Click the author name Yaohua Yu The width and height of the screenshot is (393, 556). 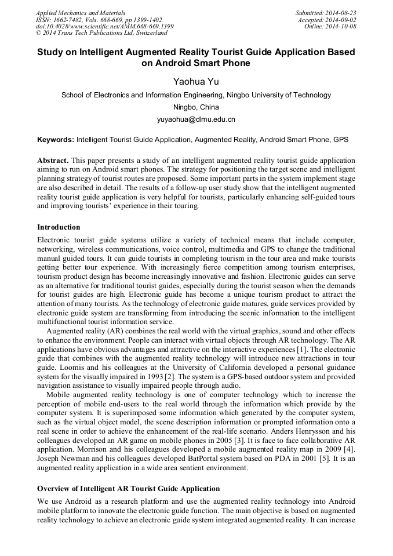[196, 81]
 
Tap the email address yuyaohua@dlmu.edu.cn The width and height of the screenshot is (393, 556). [196, 119]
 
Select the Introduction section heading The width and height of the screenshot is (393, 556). [59, 227]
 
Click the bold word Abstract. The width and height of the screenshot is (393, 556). [53, 160]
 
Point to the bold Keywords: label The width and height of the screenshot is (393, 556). [56, 140]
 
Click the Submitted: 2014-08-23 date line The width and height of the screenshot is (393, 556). [326, 13]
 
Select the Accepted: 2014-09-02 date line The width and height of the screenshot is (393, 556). [327, 20]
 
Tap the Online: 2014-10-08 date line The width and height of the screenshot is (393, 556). [330, 27]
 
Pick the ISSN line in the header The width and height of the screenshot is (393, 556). [99, 20]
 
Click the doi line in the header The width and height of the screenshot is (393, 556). [104, 27]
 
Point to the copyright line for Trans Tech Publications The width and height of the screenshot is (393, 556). [101, 33]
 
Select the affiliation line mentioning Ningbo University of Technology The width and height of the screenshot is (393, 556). [196, 95]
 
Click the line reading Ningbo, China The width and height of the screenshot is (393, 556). [196, 107]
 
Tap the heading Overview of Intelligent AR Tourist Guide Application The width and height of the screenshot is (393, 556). [129, 488]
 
